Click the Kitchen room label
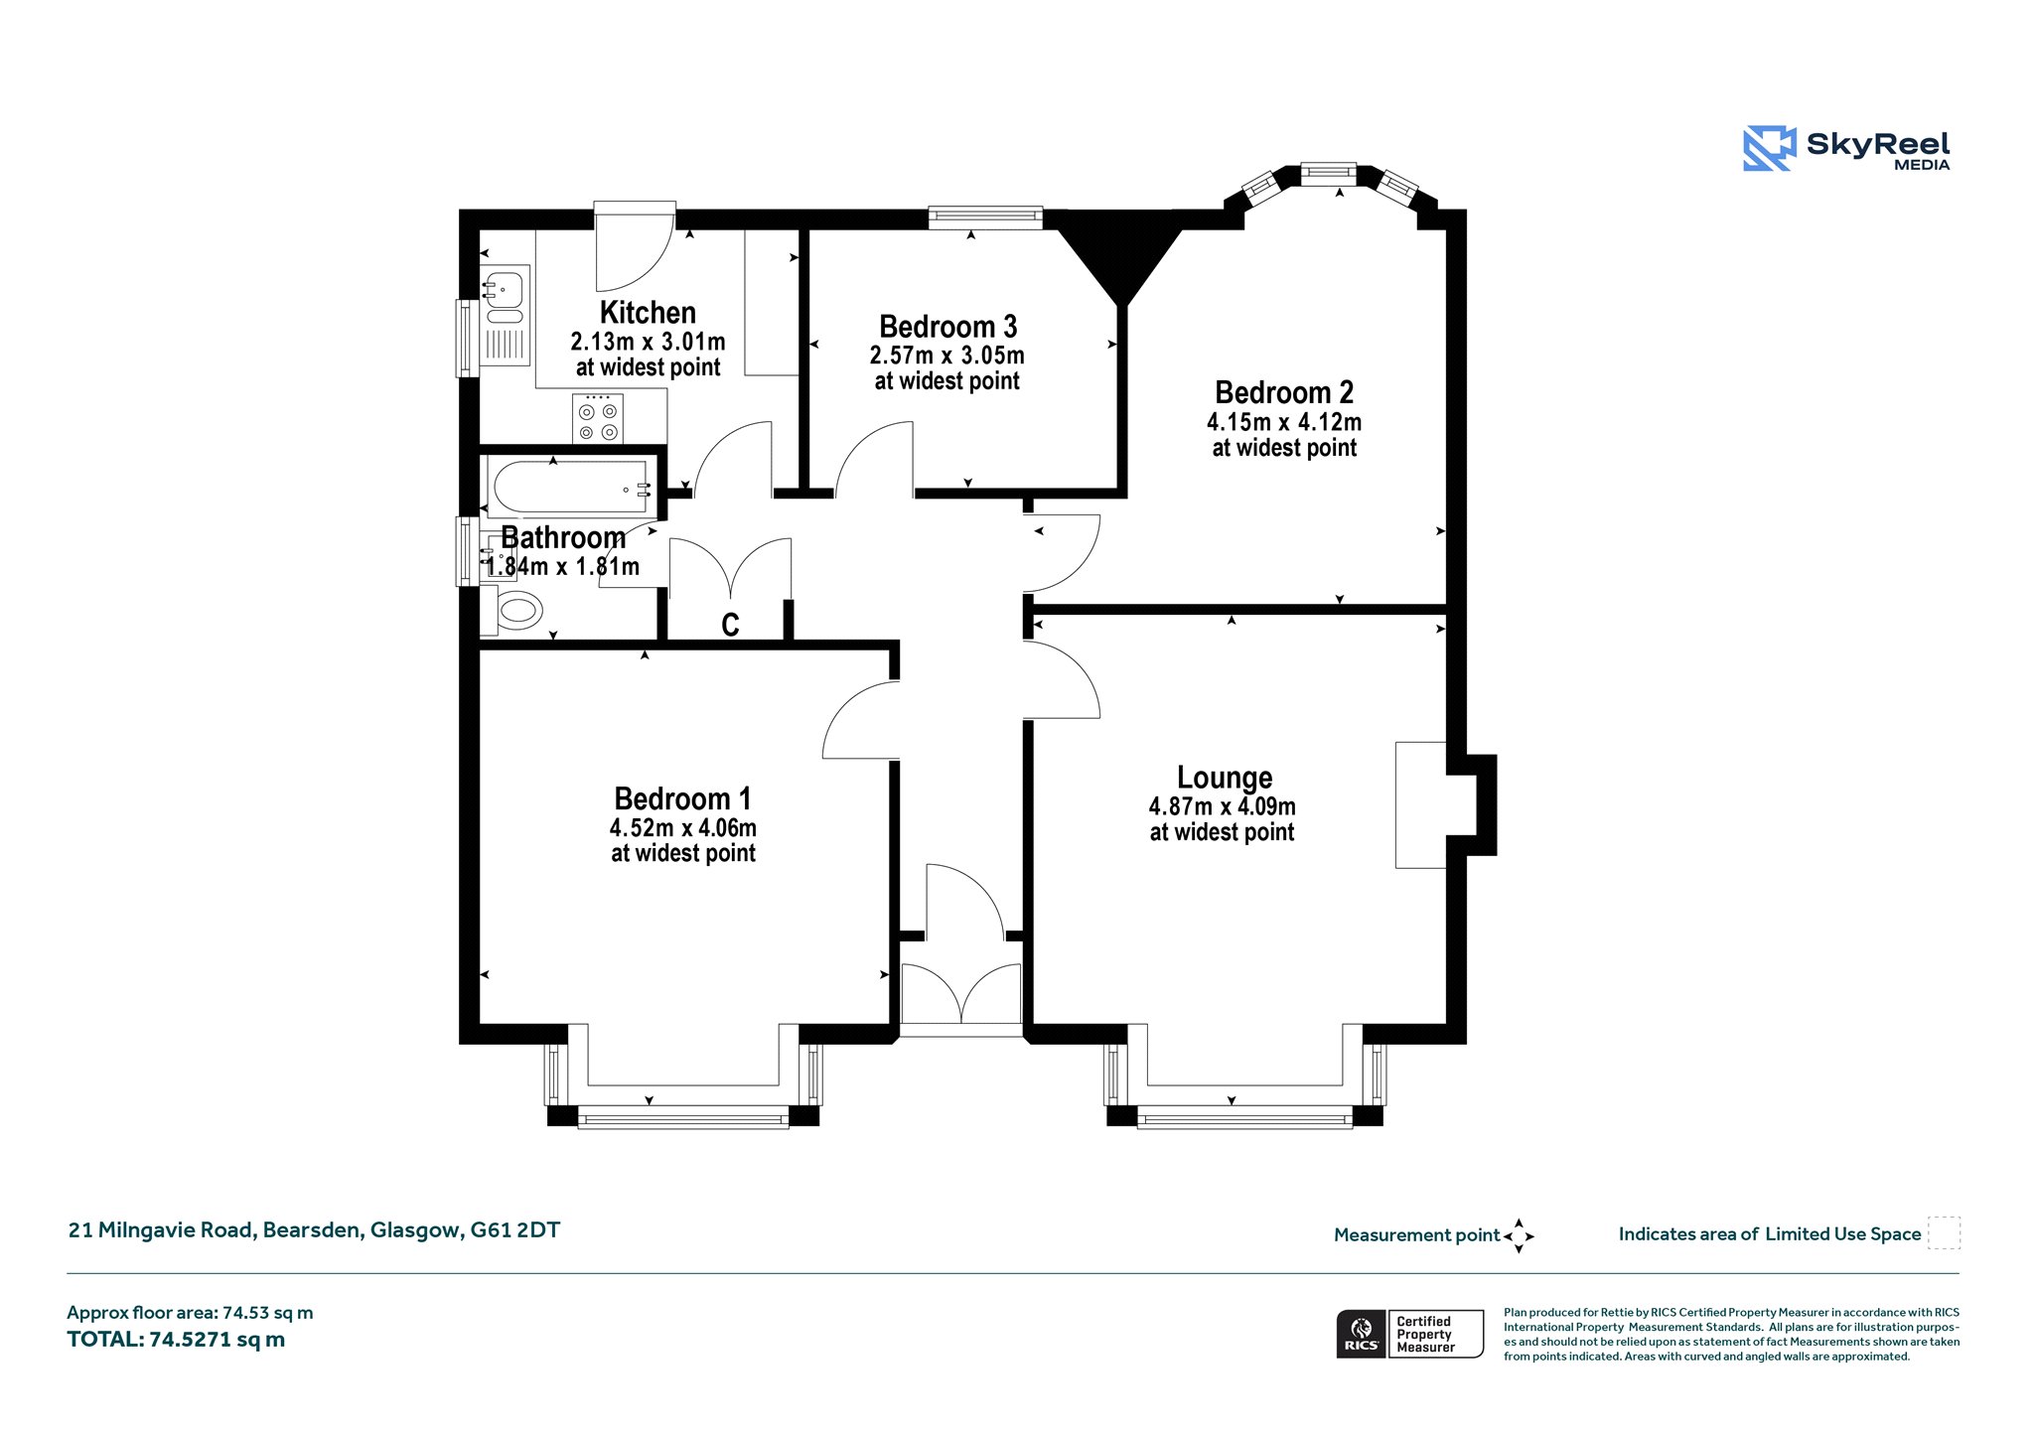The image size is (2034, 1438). click(648, 313)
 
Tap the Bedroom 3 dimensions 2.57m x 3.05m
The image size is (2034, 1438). click(947, 356)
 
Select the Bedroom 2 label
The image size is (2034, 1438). click(1284, 392)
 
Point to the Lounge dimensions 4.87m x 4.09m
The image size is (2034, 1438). click(1222, 806)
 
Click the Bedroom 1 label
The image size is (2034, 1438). click(682, 798)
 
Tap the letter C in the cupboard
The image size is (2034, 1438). click(730, 625)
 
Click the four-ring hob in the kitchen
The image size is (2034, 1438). click(598, 418)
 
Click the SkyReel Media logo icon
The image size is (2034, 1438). click(1769, 148)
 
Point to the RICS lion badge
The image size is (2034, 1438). click(1362, 1333)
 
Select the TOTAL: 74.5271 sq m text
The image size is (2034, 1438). click(176, 1339)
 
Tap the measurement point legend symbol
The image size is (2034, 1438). click(1519, 1236)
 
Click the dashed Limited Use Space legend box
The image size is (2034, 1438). click(1944, 1232)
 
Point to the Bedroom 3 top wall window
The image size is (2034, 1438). click(985, 217)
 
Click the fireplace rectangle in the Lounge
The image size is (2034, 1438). click(1420, 805)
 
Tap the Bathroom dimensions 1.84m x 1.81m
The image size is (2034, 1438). click(562, 566)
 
